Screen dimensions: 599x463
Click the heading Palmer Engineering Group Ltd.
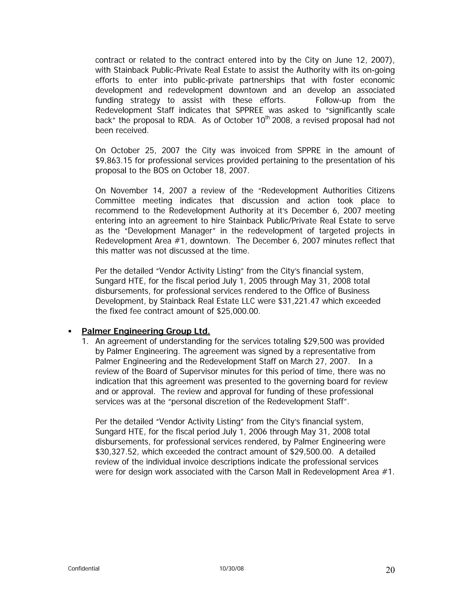click(x=146, y=331)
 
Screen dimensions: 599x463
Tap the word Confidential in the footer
click(x=84, y=568)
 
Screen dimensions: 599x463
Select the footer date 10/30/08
click(x=231, y=568)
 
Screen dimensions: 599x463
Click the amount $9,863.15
click(x=113, y=160)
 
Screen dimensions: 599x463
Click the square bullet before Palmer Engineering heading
click(x=70, y=332)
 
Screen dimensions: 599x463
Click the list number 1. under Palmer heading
click(x=85, y=342)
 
